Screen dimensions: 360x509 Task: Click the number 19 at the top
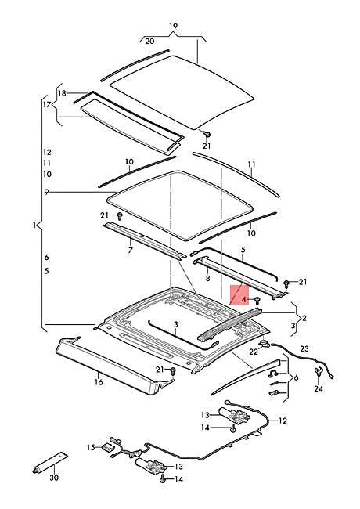pyautogui.click(x=173, y=26)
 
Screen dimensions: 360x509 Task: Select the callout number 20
pyautogui.click(x=149, y=42)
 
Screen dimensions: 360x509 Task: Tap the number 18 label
pyautogui.click(x=62, y=93)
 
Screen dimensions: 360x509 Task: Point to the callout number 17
pyautogui.click(x=47, y=104)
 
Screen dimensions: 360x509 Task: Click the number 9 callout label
pyautogui.click(x=47, y=192)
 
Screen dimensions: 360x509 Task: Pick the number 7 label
pyautogui.click(x=131, y=251)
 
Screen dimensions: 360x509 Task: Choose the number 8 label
pyautogui.click(x=207, y=278)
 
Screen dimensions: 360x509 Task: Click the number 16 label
pyautogui.click(x=99, y=382)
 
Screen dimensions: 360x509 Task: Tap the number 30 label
pyautogui.click(x=54, y=478)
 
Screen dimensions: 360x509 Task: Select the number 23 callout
pyautogui.click(x=304, y=349)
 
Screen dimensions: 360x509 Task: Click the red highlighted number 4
pyautogui.click(x=243, y=300)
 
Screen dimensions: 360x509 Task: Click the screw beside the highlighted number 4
pyautogui.click(x=257, y=300)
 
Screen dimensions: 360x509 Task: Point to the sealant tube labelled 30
pyautogui.click(x=50, y=462)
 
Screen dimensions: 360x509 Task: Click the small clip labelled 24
pyautogui.click(x=319, y=372)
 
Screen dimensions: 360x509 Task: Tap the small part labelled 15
pyautogui.click(x=107, y=446)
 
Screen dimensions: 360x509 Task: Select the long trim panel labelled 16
pyautogui.click(x=113, y=365)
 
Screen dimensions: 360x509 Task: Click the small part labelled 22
pyautogui.click(x=265, y=344)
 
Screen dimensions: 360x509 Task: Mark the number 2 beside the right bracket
pyautogui.click(x=304, y=318)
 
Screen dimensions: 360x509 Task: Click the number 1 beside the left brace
pyautogui.click(x=34, y=225)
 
